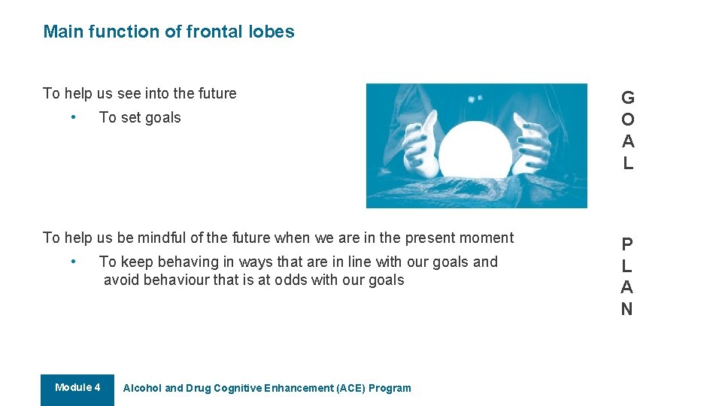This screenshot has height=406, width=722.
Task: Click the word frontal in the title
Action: click(x=213, y=32)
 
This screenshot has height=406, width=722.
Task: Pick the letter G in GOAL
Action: click(x=628, y=98)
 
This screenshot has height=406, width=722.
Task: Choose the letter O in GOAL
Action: click(x=628, y=120)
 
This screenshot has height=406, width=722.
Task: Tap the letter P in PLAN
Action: click(x=627, y=244)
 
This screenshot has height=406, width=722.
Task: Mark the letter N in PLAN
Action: click(x=627, y=309)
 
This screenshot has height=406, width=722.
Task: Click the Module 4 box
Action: click(x=77, y=389)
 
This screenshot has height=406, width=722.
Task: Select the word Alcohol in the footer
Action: click(x=142, y=389)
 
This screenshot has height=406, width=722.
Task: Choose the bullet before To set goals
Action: click(x=72, y=117)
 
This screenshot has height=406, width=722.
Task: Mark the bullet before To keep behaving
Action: click(x=72, y=262)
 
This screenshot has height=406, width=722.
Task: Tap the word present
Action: click(x=432, y=238)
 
